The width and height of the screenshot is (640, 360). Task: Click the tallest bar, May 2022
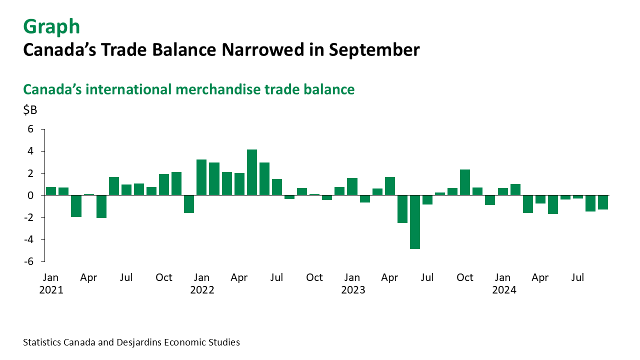click(252, 172)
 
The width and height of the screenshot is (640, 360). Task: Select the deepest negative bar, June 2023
click(414, 221)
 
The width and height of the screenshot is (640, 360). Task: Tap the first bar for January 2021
click(51, 191)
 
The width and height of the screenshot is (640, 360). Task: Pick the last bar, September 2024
click(602, 202)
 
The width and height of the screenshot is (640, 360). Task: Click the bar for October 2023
click(465, 182)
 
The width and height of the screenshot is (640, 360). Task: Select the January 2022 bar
click(201, 177)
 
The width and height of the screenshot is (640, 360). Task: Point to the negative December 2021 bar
click(189, 204)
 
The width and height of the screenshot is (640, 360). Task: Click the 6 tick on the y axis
click(30, 129)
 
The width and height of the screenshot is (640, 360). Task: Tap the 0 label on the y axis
click(30, 195)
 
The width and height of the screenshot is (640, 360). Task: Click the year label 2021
click(51, 290)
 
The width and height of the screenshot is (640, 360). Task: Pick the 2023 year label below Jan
click(352, 290)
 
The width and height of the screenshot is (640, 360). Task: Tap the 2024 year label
click(503, 290)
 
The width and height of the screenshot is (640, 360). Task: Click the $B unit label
click(30, 110)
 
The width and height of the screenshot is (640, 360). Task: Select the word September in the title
click(371, 50)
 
